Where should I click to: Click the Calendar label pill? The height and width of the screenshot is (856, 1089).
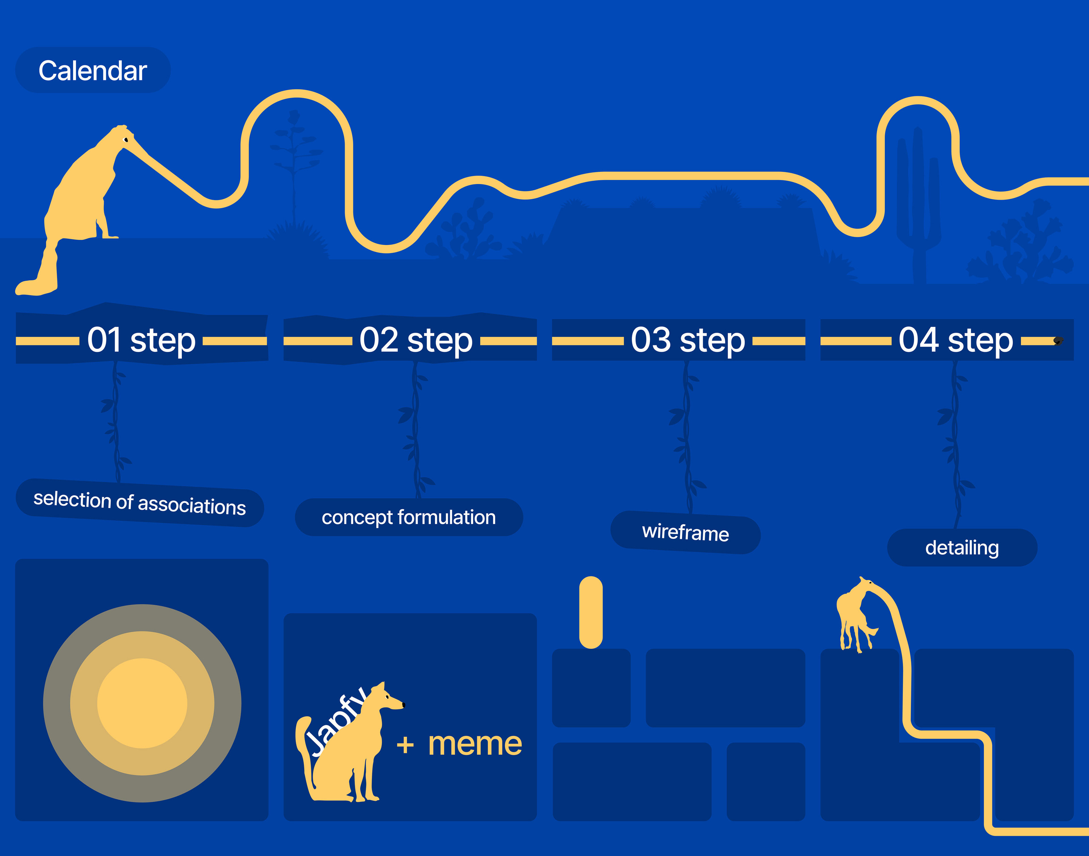tap(93, 70)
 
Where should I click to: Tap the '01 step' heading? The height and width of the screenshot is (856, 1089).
tap(141, 340)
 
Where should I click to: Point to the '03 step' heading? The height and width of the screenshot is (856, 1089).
tap(688, 340)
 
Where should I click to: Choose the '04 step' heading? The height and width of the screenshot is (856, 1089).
tap(956, 340)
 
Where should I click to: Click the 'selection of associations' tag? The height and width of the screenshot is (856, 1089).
tap(140, 503)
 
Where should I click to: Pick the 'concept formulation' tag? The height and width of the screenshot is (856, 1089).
tap(409, 517)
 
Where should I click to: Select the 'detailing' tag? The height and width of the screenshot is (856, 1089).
tap(962, 548)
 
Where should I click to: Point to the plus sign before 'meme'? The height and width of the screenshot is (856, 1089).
tap(405, 745)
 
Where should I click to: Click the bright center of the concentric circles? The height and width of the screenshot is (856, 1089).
tap(142, 703)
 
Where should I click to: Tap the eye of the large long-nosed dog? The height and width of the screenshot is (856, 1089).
tap(126, 139)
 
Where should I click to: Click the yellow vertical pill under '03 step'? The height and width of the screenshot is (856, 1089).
tap(591, 612)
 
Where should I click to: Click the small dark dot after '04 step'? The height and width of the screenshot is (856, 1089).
tap(1058, 341)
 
